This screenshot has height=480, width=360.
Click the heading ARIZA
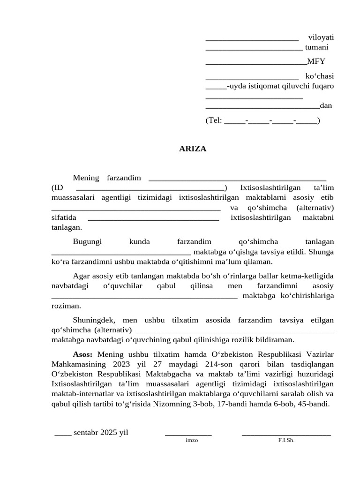click(x=193, y=149)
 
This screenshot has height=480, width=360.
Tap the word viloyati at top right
click(x=321, y=37)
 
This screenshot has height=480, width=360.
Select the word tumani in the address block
click(x=316, y=47)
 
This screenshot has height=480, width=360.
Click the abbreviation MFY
click(x=316, y=61)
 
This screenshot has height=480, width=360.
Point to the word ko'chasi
click(x=320, y=76)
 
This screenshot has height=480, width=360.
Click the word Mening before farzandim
click(x=86, y=178)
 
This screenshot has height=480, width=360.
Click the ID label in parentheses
click(x=57, y=188)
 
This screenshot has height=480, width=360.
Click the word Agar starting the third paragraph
click(x=81, y=276)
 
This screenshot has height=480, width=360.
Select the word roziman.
click(x=66, y=306)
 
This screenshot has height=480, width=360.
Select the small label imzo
click(x=192, y=441)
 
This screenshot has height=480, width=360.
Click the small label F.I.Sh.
click(x=286, y=441)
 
